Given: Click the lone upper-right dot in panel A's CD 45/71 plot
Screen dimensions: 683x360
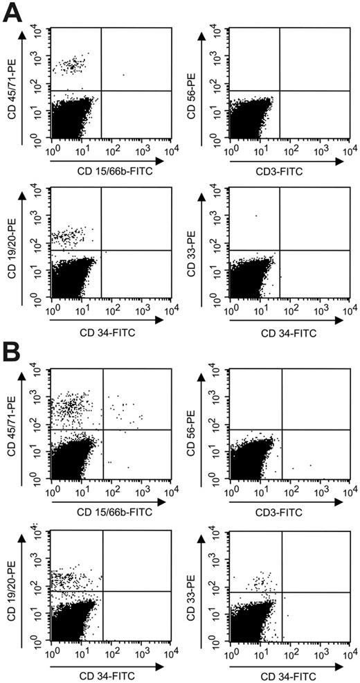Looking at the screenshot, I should pyautogui.click(x=123, y=75).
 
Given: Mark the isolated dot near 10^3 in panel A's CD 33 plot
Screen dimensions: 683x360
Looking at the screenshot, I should pyautogui.click(x=255, y=215).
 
